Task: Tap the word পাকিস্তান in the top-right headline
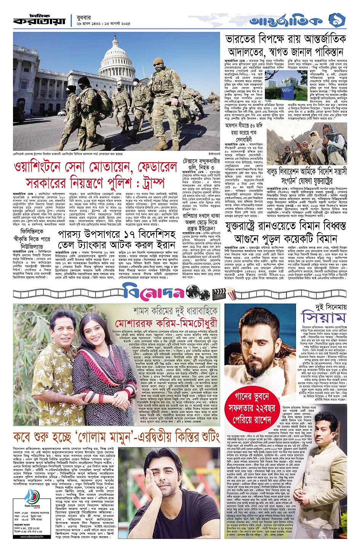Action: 322,52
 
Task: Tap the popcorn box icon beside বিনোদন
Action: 231,292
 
